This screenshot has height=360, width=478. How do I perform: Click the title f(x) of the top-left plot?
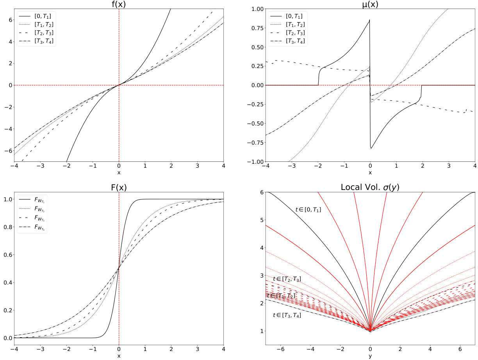[119, 4]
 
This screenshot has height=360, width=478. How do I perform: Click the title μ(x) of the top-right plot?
[370, 4]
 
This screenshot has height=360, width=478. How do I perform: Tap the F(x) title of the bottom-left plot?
[119, 187]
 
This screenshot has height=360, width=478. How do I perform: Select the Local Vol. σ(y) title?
[370, 187]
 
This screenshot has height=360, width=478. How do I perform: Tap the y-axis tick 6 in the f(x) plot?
[8, 20]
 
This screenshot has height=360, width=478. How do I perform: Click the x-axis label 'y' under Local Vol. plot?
[370, 356]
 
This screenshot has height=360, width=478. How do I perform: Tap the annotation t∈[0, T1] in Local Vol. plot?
[308, 210]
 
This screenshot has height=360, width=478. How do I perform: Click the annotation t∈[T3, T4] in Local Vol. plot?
[287, 315]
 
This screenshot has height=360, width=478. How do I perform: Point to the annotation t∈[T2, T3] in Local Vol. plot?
[287, 279]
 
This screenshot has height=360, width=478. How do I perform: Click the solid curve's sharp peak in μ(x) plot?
[369, 20]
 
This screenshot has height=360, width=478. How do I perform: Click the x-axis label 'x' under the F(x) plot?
[119, 356]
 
